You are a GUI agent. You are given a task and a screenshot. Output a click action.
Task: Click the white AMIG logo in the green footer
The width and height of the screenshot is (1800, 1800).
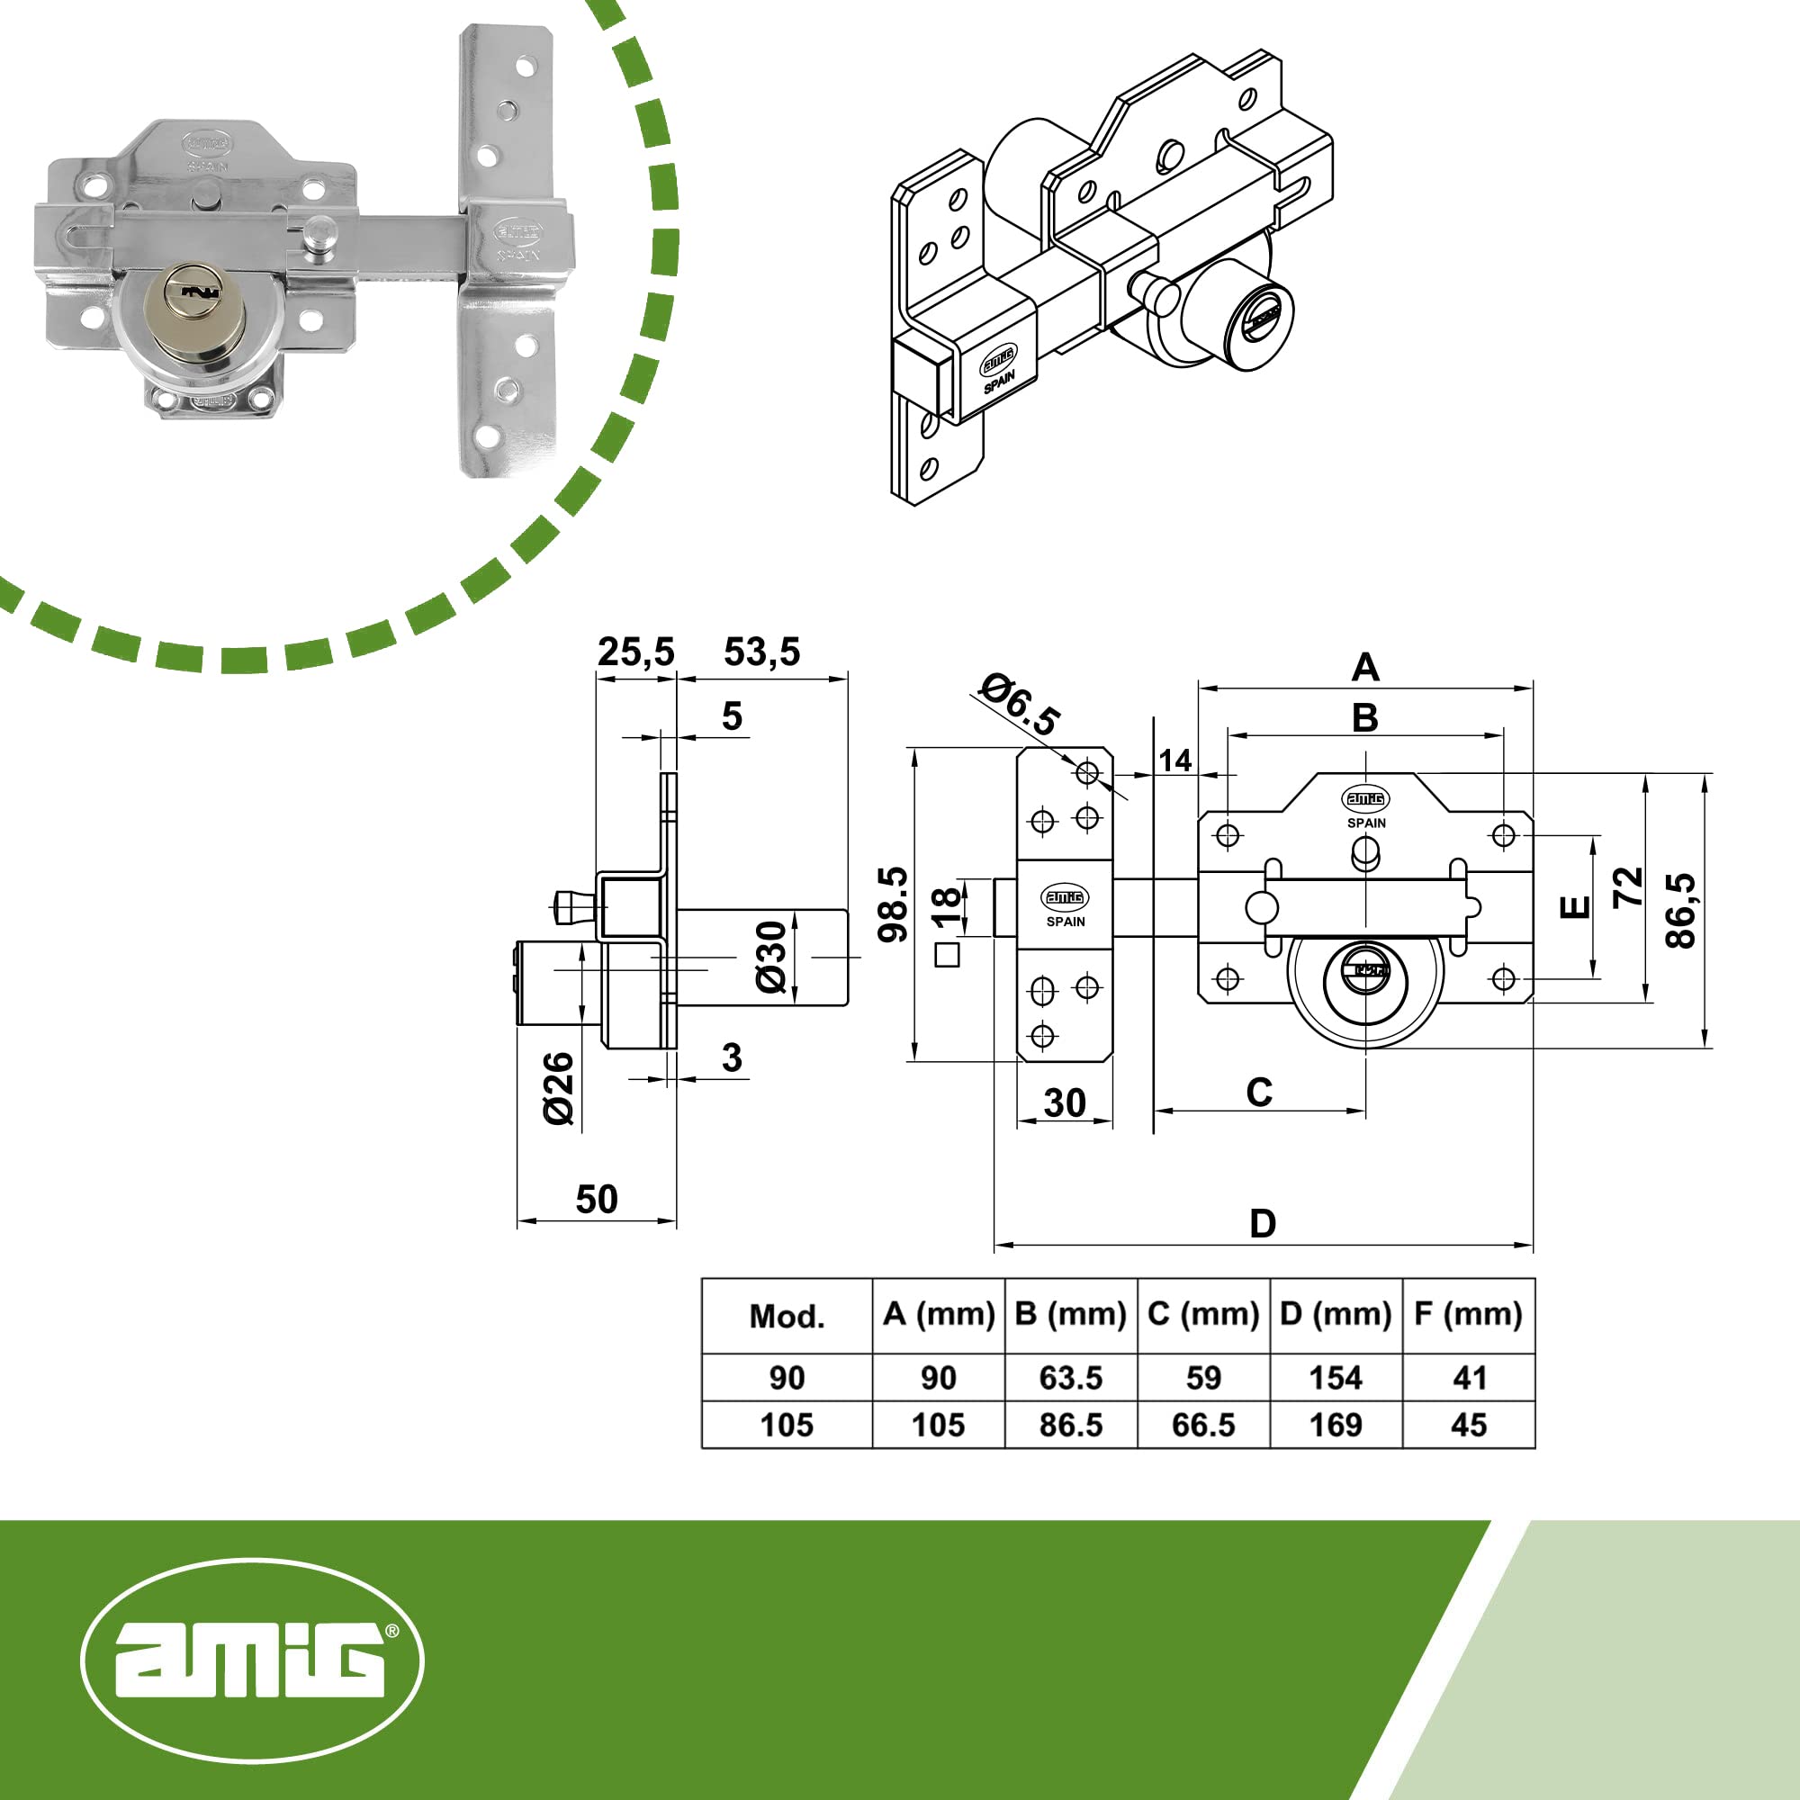pos(253,1660)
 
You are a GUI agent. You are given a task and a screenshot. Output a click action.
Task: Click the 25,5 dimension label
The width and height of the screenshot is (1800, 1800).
pos(635,652)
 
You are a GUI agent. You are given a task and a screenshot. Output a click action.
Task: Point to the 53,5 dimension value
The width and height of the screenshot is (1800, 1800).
pos(762,652)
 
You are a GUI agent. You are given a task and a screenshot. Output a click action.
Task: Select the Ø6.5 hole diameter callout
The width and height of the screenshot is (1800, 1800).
pos(1020,705)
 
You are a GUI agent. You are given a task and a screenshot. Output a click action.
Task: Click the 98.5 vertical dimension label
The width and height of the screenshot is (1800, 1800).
pos(894,904)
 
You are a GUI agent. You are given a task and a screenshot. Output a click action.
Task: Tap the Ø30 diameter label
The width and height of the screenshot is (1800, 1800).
pos(771,957)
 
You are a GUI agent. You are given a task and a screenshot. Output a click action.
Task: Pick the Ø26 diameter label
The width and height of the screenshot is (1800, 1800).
pos(559,1088)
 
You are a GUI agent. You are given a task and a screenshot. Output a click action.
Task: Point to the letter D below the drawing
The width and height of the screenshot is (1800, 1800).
pos(1263,1223)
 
